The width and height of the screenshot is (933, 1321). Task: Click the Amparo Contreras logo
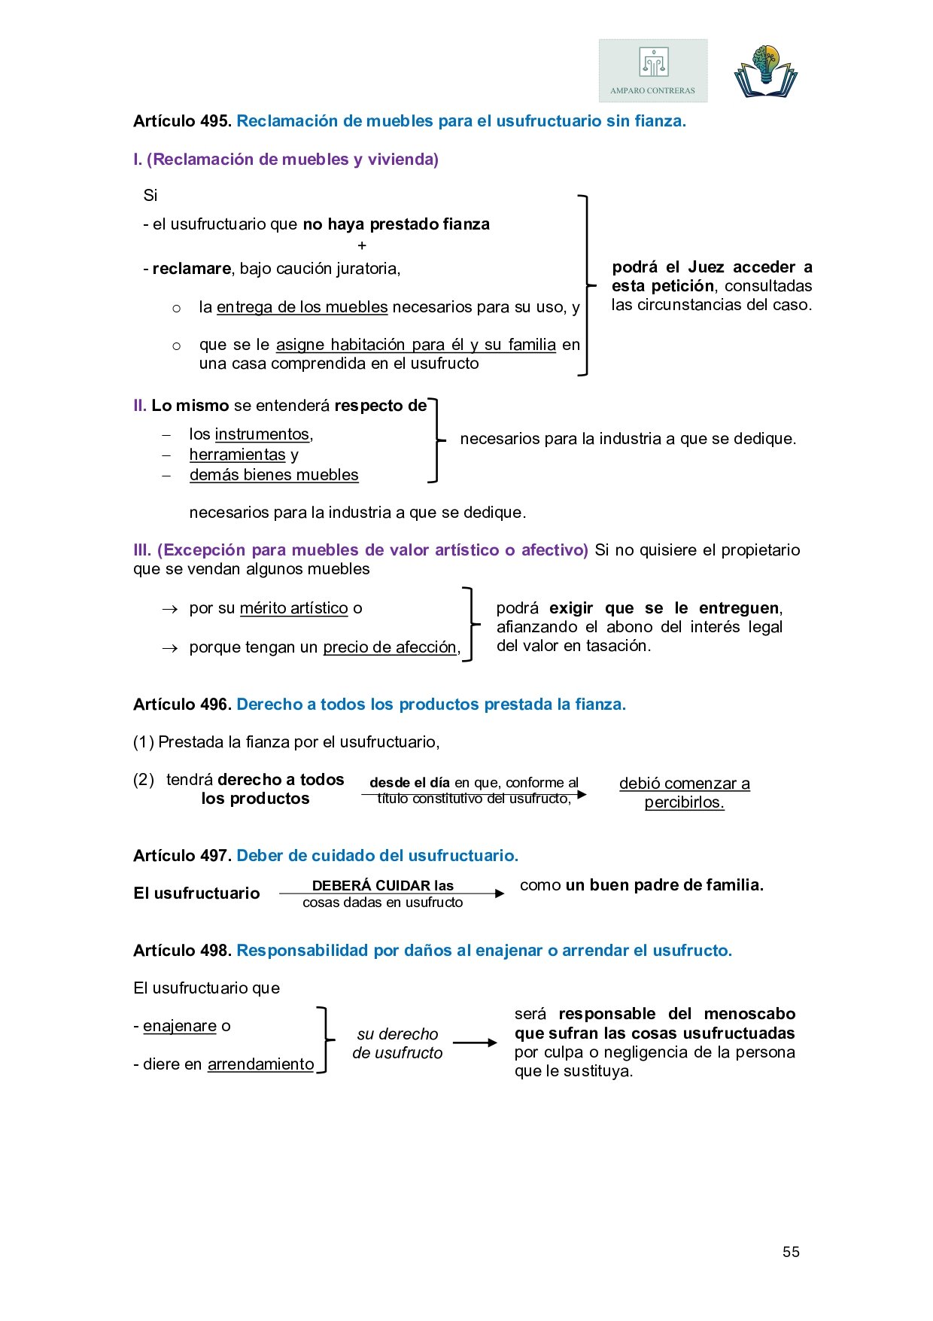coord(653,71)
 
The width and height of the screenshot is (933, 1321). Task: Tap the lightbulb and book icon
coord(765,72)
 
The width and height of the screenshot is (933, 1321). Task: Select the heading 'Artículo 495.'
coord(182,121)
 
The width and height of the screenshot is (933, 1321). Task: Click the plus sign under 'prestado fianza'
coord(362,245)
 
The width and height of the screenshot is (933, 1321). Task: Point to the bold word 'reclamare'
coord(191,269)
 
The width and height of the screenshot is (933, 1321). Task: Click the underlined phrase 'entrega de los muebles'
coord(302,307)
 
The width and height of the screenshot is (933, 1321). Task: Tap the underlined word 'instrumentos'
coord(262,434)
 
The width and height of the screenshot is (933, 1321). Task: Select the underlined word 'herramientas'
coord(237,455)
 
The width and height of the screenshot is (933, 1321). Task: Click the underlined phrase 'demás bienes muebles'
coord(274,475)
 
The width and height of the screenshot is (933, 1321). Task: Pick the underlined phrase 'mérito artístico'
coord(293,608)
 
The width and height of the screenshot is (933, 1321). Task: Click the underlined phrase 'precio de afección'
coord(390,647)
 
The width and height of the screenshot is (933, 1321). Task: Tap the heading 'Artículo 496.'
coord(182,705)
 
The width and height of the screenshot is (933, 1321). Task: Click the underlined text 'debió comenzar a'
coord(684,784)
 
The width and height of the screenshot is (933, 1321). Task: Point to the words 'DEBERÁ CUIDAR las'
coord(382,885)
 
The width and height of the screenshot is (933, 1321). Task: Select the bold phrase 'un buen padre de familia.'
coord(664,885)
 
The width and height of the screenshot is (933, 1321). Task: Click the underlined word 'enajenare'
coord(179,1026)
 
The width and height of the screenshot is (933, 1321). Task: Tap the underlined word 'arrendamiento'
coord(260,1064)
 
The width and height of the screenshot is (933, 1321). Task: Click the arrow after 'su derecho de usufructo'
coord(475,1042)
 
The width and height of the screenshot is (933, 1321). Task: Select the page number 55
coord(791,1252)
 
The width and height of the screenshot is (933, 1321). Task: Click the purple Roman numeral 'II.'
coord(140,406)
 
